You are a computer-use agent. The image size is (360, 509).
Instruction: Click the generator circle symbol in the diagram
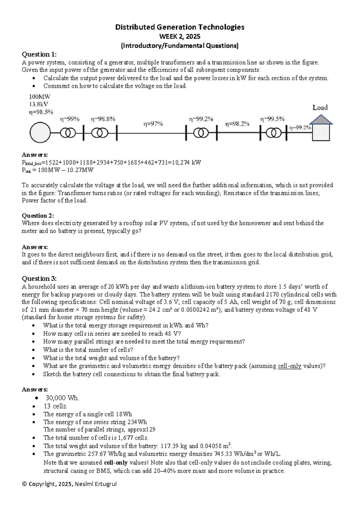click(40, 132)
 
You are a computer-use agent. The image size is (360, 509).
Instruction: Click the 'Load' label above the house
click(320, 107)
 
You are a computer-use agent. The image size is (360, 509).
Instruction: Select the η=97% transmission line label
click(153, 124)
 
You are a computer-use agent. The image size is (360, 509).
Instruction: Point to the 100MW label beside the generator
click(40, 97)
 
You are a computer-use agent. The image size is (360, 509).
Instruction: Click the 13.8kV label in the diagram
click(38, 104)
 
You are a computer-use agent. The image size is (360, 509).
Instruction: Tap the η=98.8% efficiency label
click(103, 119)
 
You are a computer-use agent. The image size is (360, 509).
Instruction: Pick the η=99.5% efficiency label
click(272, 119)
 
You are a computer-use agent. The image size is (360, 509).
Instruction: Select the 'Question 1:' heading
click(39, 54)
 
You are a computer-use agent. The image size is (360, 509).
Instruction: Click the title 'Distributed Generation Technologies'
click(180, 27)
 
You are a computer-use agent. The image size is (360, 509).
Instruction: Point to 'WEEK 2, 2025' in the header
click(180, 37)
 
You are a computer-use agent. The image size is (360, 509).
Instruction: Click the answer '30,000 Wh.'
click(62, 398)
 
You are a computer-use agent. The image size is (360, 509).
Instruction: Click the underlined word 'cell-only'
click(289, 366)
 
